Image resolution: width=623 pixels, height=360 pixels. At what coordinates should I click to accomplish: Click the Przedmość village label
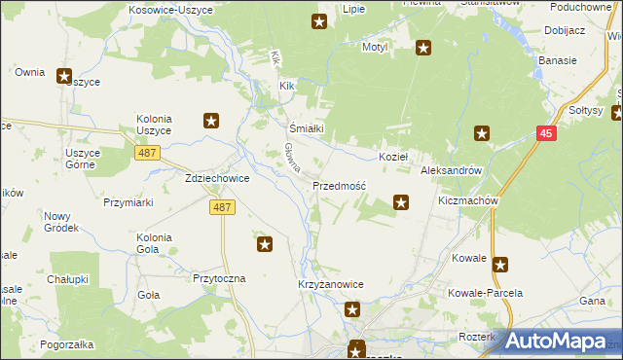tap(339, 185)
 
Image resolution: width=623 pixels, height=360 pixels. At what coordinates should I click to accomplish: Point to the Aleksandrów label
tap(451, 169)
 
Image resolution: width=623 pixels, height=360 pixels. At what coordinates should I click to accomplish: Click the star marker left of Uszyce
tap(64, 76)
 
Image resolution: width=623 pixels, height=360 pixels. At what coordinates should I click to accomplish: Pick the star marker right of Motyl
tap(423, 47)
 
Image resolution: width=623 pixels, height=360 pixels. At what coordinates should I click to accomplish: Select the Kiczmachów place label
tap(468, 200)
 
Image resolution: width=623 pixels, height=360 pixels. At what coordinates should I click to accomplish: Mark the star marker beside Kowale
tap(500, 264)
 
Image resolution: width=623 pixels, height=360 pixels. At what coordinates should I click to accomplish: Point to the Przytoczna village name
tap(219, 277)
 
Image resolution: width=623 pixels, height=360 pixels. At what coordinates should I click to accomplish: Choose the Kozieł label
tap(392, 157)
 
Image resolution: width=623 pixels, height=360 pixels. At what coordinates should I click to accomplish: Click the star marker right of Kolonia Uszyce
tap(210, 122)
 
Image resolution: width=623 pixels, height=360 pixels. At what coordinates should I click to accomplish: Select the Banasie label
tap(558, 60)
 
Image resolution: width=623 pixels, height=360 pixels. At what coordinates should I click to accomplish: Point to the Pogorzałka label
tap(67, 344)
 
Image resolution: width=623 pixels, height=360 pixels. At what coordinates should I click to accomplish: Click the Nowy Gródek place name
tap(58, 221)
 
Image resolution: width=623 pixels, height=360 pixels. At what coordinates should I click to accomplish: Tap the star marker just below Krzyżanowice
tap(352, 310)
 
